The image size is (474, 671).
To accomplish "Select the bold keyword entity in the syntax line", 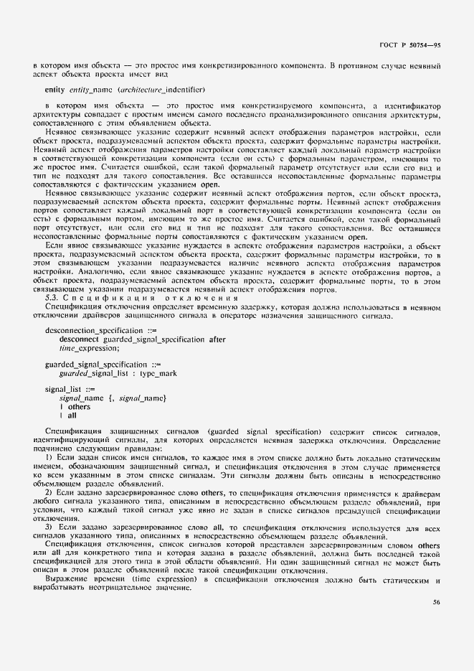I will [x=54, y=90].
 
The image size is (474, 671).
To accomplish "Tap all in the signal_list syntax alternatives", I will [x=72, y=416].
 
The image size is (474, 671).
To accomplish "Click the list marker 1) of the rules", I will [x=48, y=457].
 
